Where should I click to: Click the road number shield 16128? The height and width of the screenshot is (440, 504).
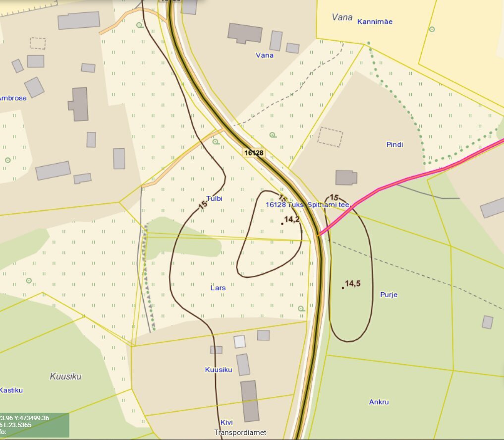tap(254, 153)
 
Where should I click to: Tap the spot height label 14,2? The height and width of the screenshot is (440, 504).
tap(292, 219)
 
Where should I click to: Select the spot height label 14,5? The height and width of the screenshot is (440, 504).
tap(352, 284)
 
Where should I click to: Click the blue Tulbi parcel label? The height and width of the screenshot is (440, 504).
tap(214, 199)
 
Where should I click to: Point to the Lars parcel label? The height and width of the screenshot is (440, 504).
tap(218, 288)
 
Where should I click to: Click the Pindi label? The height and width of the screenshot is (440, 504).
tap(394, 145)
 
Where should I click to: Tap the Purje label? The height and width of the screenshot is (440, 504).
tap(389, 295)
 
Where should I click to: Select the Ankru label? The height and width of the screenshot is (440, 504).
tap(379, 402)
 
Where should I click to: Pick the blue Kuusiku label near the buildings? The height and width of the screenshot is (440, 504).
tap(219, 370)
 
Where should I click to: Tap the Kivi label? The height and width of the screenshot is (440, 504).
tap(226, 423)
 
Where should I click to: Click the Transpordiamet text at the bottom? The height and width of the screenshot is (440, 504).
tap(240, 433)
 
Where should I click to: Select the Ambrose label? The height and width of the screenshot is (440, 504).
tap(12, 98)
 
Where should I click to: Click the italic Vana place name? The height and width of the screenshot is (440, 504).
tap(342, 17)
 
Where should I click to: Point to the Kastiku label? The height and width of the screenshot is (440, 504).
tap(11, 390)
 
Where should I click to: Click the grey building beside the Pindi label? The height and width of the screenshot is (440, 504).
tap(346, 178)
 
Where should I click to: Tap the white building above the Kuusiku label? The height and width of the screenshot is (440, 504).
tap(240, 341)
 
